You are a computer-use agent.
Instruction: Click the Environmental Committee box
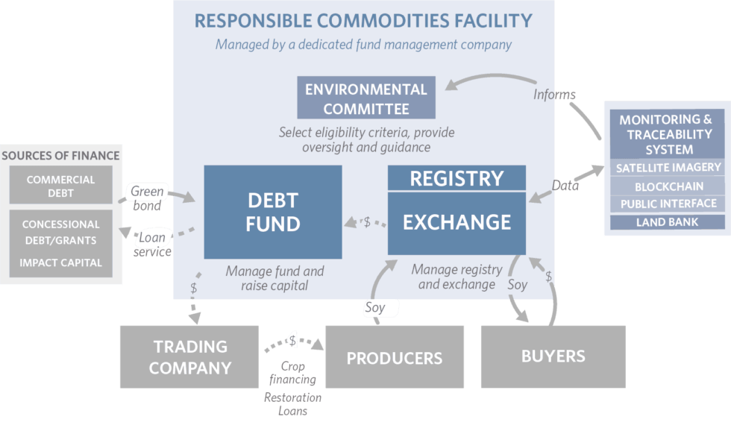(x=365, y=98)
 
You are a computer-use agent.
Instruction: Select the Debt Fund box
(x=272, y=212)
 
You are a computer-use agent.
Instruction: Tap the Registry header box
(x=457, y=178)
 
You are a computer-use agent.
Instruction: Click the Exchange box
(x=457, y=222)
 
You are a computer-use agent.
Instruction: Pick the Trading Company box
(x=189, y=356)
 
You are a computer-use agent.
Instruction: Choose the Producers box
(x=394, y=357)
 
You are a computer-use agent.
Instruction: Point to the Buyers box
(x=552, y=356)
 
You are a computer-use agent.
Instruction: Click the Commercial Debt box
(x=60, y=186)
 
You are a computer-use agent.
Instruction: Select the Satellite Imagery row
(x=668, y=168)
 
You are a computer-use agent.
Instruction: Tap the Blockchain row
(x=668, y=186)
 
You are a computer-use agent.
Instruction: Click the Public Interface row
(x=668, y=204)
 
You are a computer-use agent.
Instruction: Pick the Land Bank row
(x=668, y=222)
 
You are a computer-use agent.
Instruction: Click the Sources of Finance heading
(x=60, y=155)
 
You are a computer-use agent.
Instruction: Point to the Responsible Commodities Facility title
(x=363, y=21)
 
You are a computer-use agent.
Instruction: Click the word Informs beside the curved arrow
(x=554, y=95)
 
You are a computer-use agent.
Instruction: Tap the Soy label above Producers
(x=374, y=307)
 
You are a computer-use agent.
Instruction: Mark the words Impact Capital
(x=60, y=262)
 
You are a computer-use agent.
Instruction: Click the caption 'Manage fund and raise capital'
(x=274, y=277)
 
